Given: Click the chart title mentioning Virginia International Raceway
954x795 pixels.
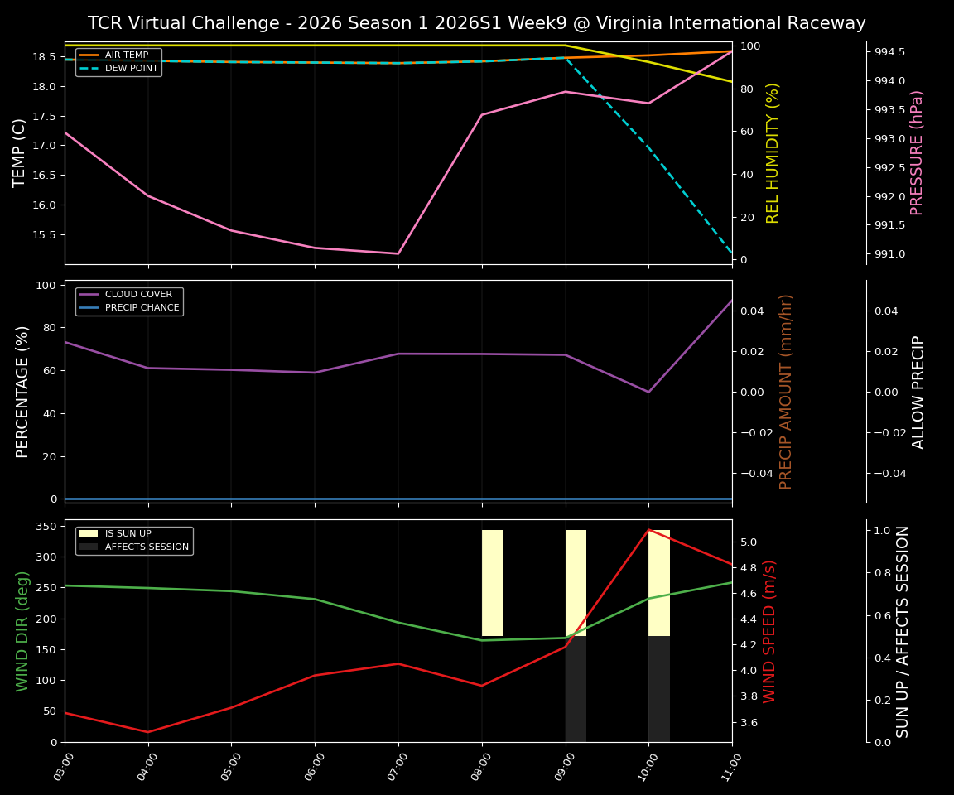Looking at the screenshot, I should (x=476, y=23).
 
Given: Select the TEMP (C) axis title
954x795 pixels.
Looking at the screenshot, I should (x=20, y=152).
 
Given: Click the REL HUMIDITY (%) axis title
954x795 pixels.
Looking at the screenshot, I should (x=773, y=152).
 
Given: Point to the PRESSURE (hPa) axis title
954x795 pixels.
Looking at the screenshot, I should (x=917, y=152).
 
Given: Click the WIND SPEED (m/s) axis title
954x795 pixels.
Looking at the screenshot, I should (x=770, y=630).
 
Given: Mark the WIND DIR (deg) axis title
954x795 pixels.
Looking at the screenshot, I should (x=22, y=630).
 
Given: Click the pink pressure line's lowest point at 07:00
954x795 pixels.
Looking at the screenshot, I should (x=398, y=253).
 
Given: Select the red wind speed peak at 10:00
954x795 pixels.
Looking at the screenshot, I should (x=648, y=530).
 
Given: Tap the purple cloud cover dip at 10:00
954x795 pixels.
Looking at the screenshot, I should (x=648, y=392).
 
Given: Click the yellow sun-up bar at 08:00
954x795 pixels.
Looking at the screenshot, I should (x=492, y=583).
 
